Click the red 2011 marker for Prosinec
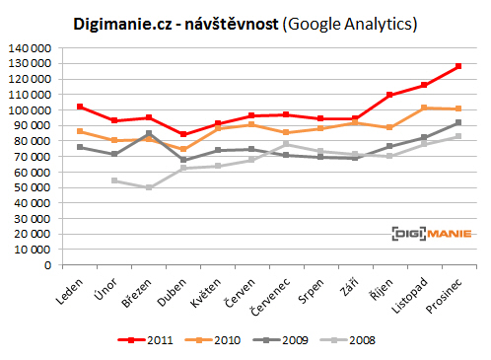[x=459, y=66]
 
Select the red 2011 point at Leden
[x=80, y=107]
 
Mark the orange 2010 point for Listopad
[x=425, y=108]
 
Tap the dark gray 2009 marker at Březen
[x=149, y=133]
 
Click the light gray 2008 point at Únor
[x=114, y=180]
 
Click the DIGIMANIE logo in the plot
[x=430, y=234]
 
